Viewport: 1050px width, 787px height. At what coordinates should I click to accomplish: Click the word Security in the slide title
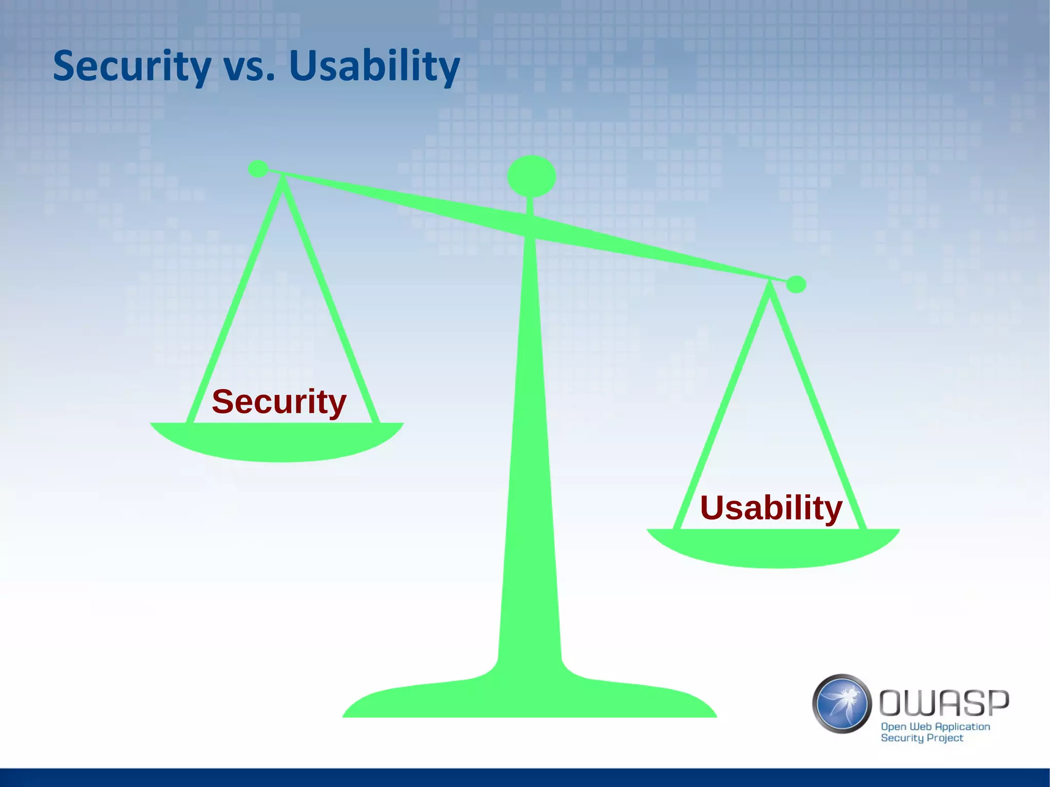[x=132, y=67]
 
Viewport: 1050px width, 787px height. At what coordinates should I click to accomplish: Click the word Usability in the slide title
[x=374, y=67]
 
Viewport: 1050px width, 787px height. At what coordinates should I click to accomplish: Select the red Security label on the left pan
[x=279, y=401]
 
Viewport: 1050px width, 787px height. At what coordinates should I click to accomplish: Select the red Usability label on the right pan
[x=771, y=508]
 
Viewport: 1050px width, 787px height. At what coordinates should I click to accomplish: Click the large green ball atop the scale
[x=531, y=176]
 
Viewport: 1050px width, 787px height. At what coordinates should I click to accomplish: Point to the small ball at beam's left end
[x=258, y=168]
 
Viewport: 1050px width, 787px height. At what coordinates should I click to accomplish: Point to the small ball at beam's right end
[x=796, y=284]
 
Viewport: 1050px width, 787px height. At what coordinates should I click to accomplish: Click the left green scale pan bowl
[x=277, y=442]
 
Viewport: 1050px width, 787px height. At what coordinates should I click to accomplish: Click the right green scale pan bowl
[x=773, y=548]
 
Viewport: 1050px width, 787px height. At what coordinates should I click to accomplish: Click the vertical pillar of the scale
[x=530, y=461]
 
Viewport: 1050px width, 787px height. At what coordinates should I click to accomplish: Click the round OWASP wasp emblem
[x=842, y=703]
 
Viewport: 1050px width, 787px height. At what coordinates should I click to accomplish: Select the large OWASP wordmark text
[x=944, y=702]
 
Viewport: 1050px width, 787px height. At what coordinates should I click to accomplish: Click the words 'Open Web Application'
[x=935, y=727]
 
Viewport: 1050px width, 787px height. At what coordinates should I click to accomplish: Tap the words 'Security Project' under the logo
[x=922, y=738]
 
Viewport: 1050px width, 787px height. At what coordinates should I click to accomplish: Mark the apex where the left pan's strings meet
[x=282, y=179]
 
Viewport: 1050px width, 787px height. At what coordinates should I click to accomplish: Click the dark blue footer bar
[x=525, y=777]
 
